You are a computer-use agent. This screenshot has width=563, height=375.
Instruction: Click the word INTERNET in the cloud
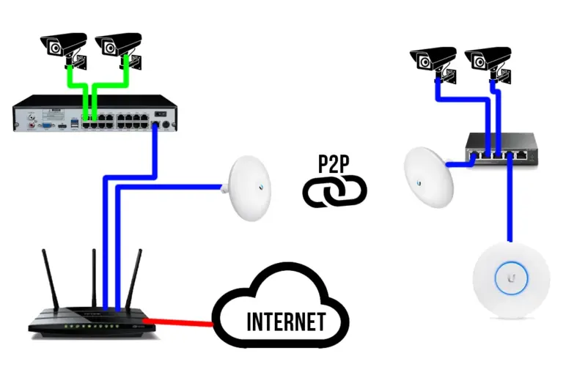(x=285, y=322)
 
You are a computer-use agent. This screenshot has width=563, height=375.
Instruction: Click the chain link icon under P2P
(x=334, y=191)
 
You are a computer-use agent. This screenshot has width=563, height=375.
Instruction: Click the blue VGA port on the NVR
(x=45, y=125)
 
